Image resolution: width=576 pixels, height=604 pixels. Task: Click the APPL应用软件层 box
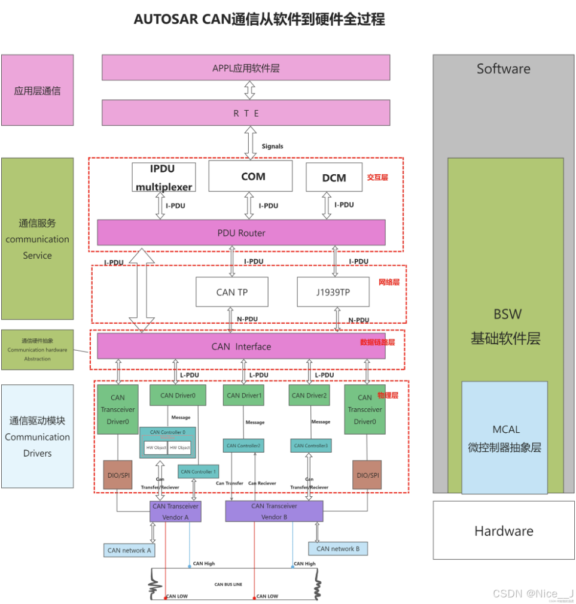pyautogui.click(x=246, y=68)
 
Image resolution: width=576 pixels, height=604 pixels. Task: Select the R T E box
pyautogui.click(x=246, y=113)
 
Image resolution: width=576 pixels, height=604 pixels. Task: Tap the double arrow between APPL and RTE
pyautogui.click(x=249, y=90)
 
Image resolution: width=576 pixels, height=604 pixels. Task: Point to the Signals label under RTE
pyautogui.click(x=272, y=146)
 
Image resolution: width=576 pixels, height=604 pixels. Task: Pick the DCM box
pyautogui.click(x=334, y=177)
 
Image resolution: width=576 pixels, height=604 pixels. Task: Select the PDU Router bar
pyautogui.click(x=241, y=232)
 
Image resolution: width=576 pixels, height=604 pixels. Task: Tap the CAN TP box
pyautogui.click(x=232, y=292)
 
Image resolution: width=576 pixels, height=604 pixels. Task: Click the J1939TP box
pyautogui.click(x=333, y=292)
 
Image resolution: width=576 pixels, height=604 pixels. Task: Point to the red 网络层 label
pyautogui.click(x=388, y=281)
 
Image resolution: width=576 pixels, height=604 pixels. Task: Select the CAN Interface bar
pyautogui.click(x=241, y=346)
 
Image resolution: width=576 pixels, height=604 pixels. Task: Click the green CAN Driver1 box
pyautogui.click(x=244, y=395)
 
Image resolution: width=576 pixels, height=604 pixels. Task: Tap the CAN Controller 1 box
pyautogui.click(x=199, y=471)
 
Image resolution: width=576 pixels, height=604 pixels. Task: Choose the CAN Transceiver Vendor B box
pyautogui.click(x=274, y=511)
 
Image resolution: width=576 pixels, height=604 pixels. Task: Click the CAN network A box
pyautogui.click(x=129, y=550)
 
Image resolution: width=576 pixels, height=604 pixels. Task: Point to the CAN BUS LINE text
pyautogui.click(x=228, y=584)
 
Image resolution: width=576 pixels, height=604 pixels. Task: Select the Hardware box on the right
pyautogui.click(x=504, y=530)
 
